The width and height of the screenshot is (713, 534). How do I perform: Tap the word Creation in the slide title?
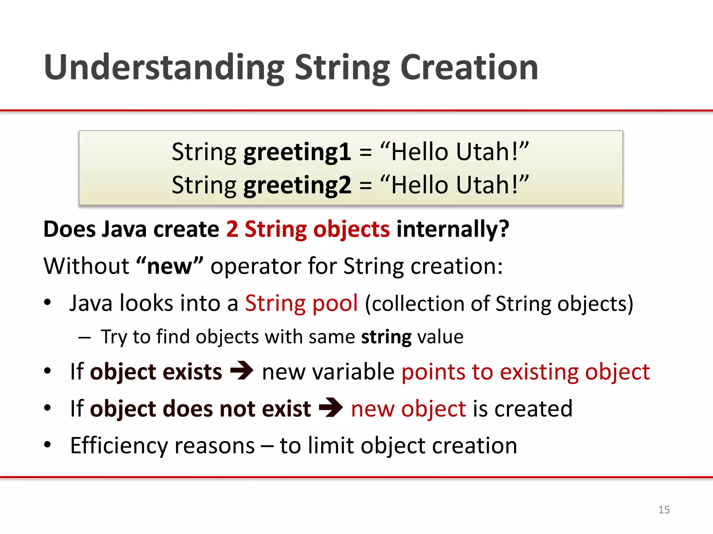(469, 68)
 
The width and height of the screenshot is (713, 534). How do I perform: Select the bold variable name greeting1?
(297, 152)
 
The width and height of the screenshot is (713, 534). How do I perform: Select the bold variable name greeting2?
(297, 185)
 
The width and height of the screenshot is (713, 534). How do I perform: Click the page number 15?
(664, 510)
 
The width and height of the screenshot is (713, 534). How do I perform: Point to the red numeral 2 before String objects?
(232, 229)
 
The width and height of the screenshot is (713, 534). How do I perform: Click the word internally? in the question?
(453, 229)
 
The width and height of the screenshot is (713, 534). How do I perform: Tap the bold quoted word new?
(170, 266)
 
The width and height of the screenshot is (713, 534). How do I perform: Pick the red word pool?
(335, 303)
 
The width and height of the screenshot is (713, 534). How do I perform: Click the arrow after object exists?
(242, 371)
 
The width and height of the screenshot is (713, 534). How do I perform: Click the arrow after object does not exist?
(331, 407)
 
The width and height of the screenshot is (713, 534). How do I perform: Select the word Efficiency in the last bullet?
(119, 446)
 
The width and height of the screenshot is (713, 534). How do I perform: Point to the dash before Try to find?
(85, 337)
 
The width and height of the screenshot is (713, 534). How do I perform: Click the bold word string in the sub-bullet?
(386, 337)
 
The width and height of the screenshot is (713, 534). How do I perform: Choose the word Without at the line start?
(86, 266)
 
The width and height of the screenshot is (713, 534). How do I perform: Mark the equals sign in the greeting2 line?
(366, 185)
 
